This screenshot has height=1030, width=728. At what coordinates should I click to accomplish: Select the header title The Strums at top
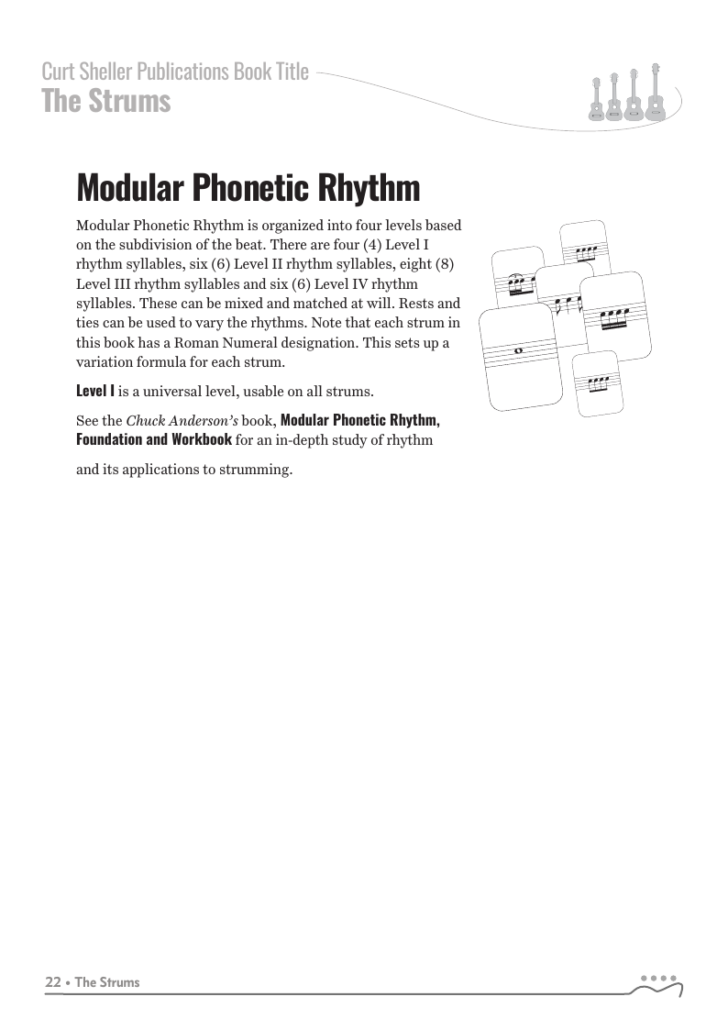106,101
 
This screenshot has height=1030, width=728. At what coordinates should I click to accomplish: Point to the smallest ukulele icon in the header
596,99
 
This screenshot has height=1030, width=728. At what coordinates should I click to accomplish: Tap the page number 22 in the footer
53,982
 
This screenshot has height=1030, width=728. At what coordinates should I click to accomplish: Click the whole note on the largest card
520,350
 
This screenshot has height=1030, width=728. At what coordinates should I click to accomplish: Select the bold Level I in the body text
95,392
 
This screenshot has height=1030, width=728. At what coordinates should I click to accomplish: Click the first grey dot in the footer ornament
644,978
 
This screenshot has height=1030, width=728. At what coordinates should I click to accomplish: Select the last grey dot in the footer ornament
674,978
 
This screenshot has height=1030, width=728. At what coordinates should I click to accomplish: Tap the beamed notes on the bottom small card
599,380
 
